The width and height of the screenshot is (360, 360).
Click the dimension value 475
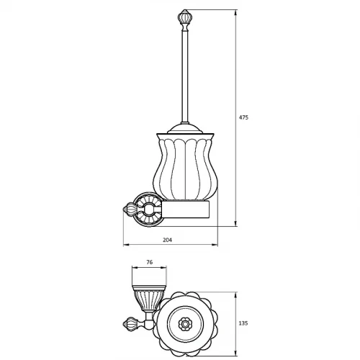coord(243,117)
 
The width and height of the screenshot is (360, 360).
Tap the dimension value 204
coord(167,240)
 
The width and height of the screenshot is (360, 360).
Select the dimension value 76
coord(149,262)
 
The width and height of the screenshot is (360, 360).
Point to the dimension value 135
coord(243,323)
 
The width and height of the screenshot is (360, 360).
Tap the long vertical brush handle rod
coord(184,76)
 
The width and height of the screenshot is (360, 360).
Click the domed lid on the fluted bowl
coord(184,128)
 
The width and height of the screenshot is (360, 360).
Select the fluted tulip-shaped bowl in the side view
coord(186,166)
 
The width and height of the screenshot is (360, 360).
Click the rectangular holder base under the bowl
coord(186,210)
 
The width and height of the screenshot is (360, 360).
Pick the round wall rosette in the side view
coord(148,210)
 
